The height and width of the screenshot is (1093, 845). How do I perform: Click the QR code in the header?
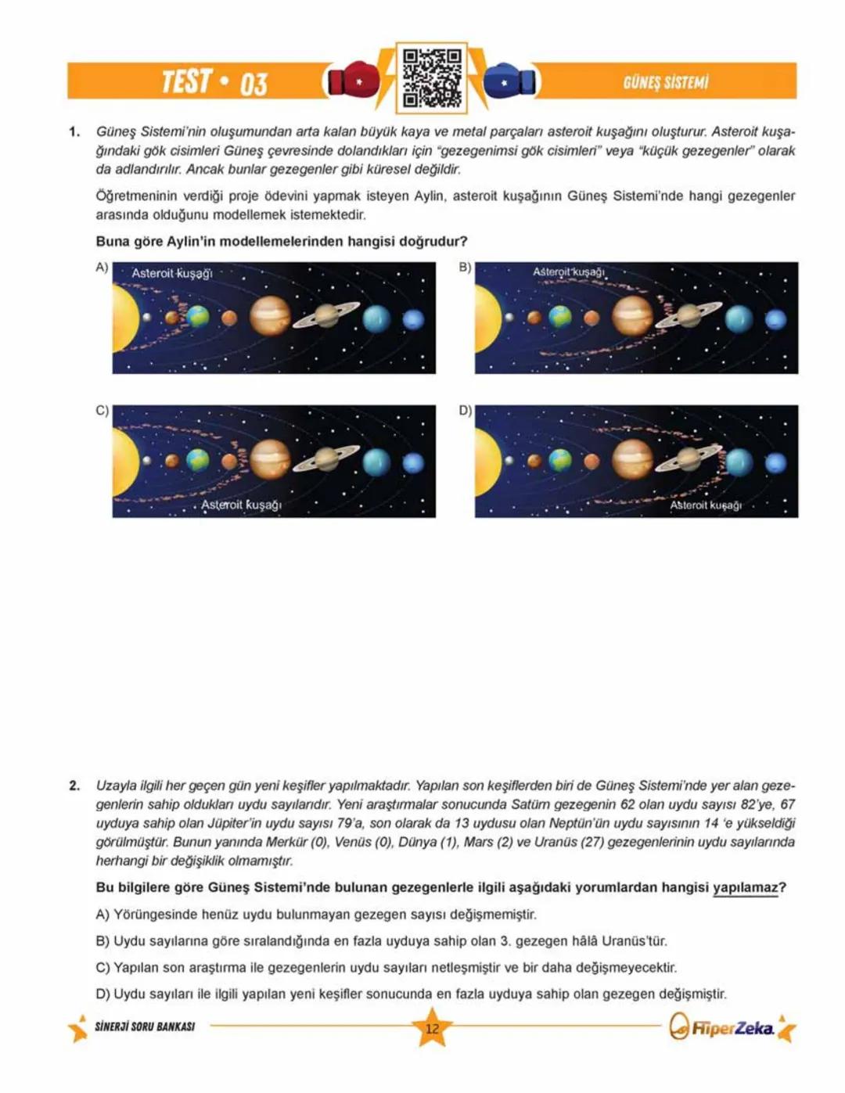click(431, 77)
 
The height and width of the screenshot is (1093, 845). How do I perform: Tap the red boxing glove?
click(353, 79)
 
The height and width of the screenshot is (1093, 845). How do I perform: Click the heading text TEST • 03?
click(214, 81)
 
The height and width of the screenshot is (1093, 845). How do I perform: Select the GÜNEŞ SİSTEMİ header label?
click(665, 82)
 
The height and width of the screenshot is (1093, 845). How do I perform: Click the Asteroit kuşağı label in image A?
click(171, 273)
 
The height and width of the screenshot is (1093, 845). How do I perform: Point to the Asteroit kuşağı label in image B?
click(569, 271)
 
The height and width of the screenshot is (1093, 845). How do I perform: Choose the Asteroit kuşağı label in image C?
click(241, 505)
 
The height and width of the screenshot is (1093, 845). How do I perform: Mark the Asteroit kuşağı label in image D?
click(705, 505)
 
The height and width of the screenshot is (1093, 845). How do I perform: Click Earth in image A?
click(198, 317)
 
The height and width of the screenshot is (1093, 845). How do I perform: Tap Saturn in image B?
click(689, 315)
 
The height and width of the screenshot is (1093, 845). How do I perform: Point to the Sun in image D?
click(487, 462)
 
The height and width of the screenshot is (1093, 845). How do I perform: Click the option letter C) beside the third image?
click(102, 411)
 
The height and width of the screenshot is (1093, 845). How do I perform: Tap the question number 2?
click(74, 786)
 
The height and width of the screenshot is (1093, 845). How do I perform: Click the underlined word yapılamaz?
click(745, 887)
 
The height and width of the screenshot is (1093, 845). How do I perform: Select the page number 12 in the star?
click(432, 1028)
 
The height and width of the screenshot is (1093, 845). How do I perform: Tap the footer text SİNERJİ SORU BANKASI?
click(145, 1026)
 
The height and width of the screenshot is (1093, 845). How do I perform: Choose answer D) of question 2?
click(411, 994)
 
